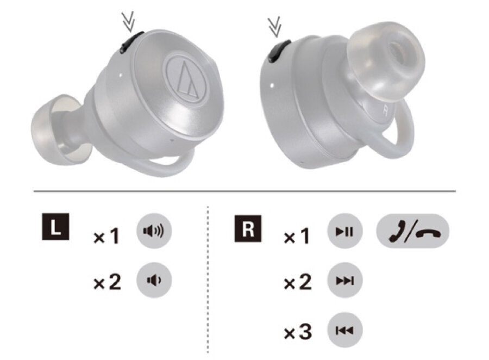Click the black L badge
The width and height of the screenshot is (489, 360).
(x=55, y=227)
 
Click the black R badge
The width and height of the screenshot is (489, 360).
(x=248, y=229)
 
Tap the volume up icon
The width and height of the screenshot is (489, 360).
(x=154, y=231)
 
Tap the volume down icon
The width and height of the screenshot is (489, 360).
(x=154, y=280)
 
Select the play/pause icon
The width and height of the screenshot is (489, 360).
(x=344, y=231)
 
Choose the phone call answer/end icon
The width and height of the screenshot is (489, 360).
(x=412, y=231)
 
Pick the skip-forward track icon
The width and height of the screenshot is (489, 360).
(x=344, y=280)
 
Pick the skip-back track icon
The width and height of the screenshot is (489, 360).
(x=344, y=330)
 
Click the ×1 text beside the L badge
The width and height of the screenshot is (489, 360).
(x=106, y=236)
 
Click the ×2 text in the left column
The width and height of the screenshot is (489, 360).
(x=107, y=282)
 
